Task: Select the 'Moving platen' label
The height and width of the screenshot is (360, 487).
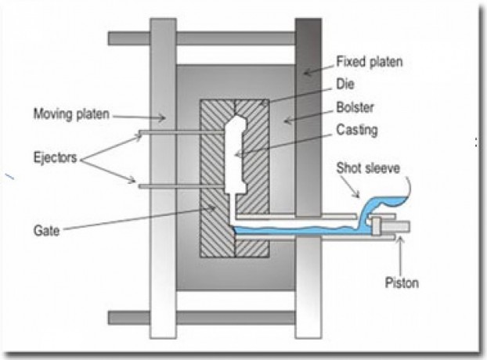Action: [x=68, y=114]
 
